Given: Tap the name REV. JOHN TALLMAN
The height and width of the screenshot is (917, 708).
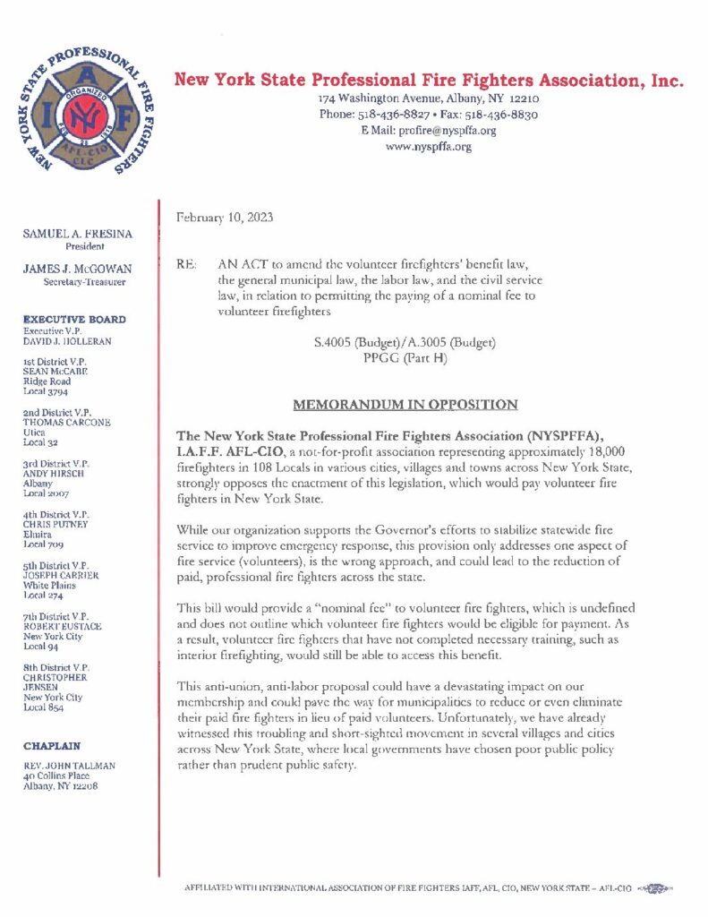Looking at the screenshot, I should point(70,765).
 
